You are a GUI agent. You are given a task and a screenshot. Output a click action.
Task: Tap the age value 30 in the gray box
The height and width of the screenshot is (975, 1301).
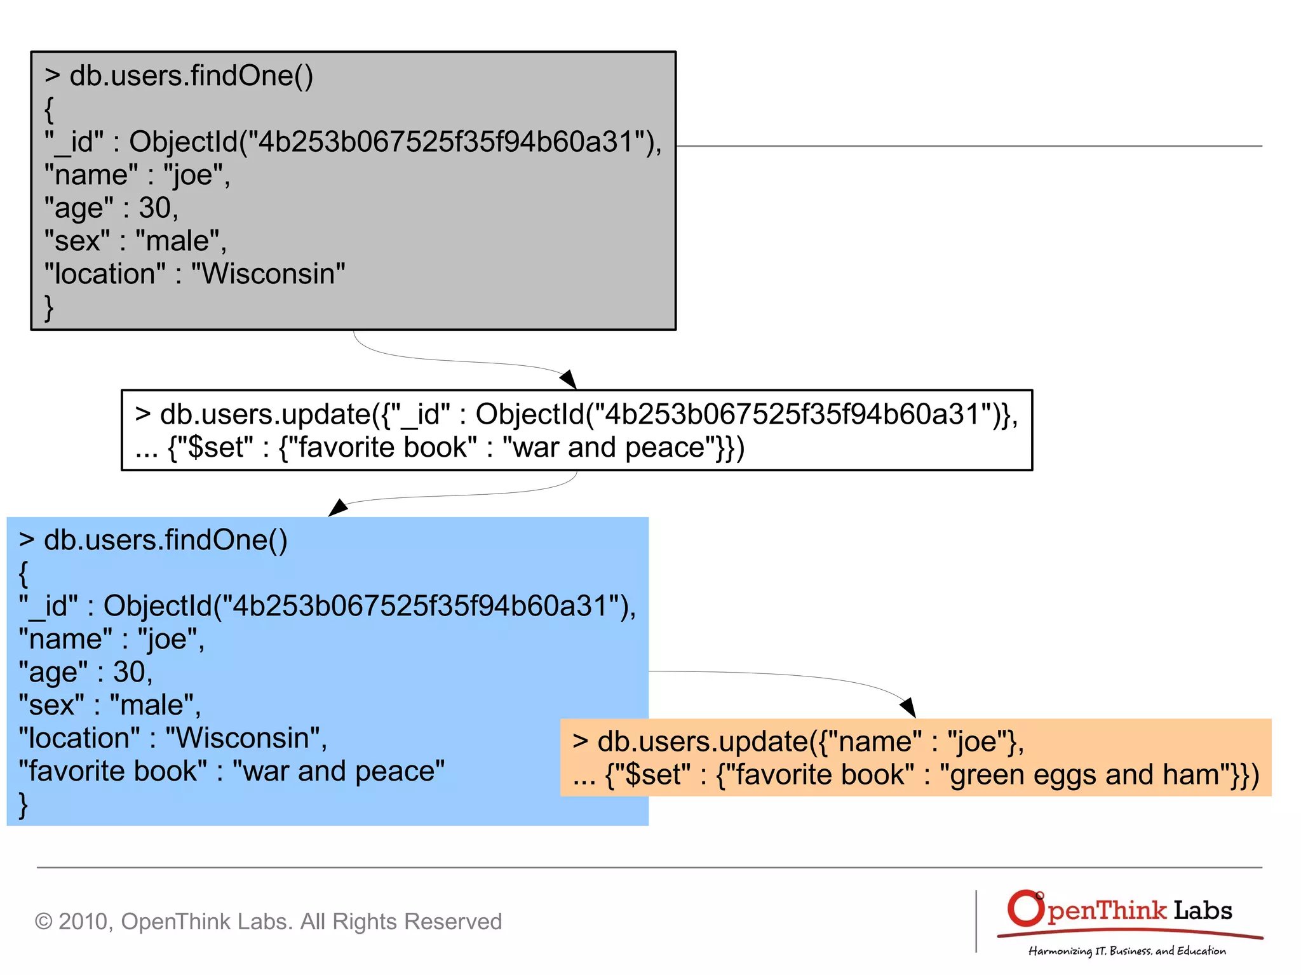(x=155, y=208)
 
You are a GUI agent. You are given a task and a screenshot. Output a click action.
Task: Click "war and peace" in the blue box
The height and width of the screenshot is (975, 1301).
(x=339, y=771)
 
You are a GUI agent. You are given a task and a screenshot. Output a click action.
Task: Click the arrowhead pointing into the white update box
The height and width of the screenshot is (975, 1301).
(x=569, y=379)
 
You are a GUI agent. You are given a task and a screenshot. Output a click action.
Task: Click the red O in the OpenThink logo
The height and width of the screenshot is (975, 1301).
(x=1025, y=908)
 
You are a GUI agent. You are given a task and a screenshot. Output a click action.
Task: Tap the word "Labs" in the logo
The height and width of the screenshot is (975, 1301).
(x=1203, y=911)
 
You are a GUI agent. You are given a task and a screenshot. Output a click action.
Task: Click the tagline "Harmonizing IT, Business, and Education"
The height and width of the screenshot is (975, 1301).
(x=1127, y=951)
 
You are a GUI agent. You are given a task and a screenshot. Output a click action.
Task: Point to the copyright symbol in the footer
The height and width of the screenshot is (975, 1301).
(x=43, y=921)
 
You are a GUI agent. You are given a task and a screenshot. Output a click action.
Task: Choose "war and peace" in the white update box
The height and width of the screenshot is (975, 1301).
(x=609, y=447)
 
